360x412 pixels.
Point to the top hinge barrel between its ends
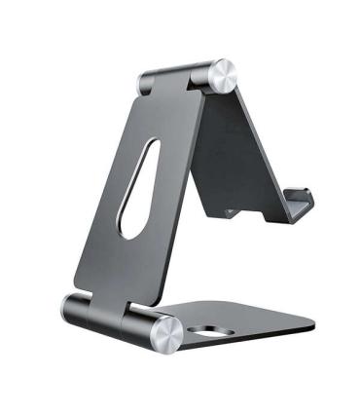pyautogui.click(x=179, y=76)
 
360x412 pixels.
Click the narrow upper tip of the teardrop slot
pyautogui.click(x=150, y=147)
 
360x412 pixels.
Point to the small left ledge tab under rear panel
pyautogui.click(x=231, y=211)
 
